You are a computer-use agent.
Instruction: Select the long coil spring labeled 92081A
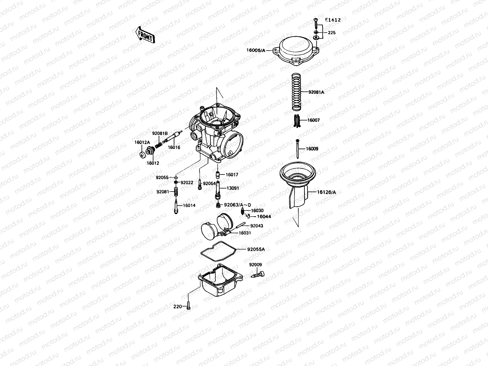(296, 91)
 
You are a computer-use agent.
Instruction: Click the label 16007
(313, 120)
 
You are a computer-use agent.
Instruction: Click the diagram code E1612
(332, 20)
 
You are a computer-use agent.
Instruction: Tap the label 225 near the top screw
(332, 33)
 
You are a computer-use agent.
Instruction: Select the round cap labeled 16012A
(142, 155)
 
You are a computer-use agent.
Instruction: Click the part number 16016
(174, 147)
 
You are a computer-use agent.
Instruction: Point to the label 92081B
(160, 133)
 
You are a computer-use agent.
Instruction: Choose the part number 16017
(232, 175)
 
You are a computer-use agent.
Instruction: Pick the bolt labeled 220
(188, 306)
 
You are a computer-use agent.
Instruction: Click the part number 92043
(257, 226)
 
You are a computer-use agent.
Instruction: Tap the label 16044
(264, 217)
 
